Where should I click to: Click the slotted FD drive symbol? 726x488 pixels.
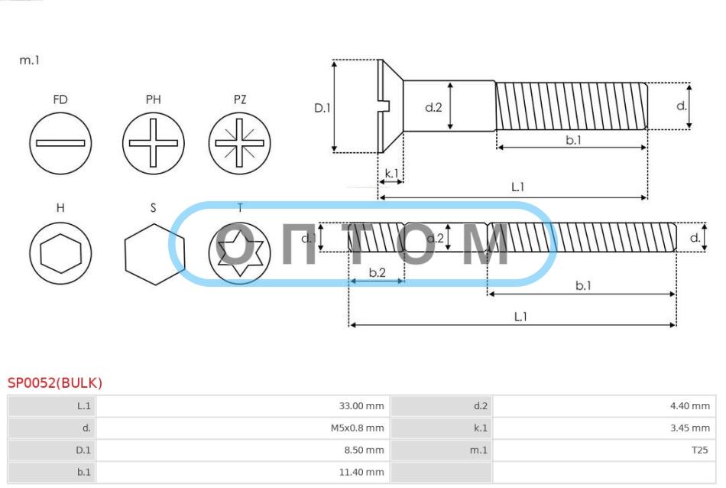click(x=60, y=143)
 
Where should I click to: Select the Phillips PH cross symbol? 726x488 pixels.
click(x=154, y=143)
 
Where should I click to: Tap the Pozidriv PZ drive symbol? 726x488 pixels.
click(x=239, y=143)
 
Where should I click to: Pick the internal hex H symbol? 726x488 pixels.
click(x=60, y=253)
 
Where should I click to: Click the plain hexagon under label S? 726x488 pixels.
click(x=154, y=254)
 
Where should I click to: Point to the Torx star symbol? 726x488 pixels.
click(x=239, y=253)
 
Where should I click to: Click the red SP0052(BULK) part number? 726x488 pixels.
click(x=54, y=382)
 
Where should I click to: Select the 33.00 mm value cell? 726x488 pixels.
click(x=242, y=406)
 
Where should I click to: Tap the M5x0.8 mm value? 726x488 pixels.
click(x=357, y=428)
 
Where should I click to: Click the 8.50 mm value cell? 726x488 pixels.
click(x=242, y=450)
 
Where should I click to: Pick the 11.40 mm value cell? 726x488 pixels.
click(x=242, y=472)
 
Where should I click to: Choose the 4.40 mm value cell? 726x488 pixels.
click(x=604, y=406)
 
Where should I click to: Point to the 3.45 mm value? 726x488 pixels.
click(x=690, y=428)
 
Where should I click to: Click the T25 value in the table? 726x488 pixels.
click(x=699, y=450)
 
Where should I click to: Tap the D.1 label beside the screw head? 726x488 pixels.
click(x=322, y=108)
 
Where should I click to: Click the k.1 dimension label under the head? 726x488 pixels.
click(x=392, y=174)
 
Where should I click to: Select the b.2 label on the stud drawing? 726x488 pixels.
click(x=378, y=272)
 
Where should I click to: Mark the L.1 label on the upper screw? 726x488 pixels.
click(x=517, y=187)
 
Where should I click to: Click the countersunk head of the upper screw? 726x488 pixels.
click(x=390, y=106)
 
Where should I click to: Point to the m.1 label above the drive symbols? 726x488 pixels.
click(x=30, y=60)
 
